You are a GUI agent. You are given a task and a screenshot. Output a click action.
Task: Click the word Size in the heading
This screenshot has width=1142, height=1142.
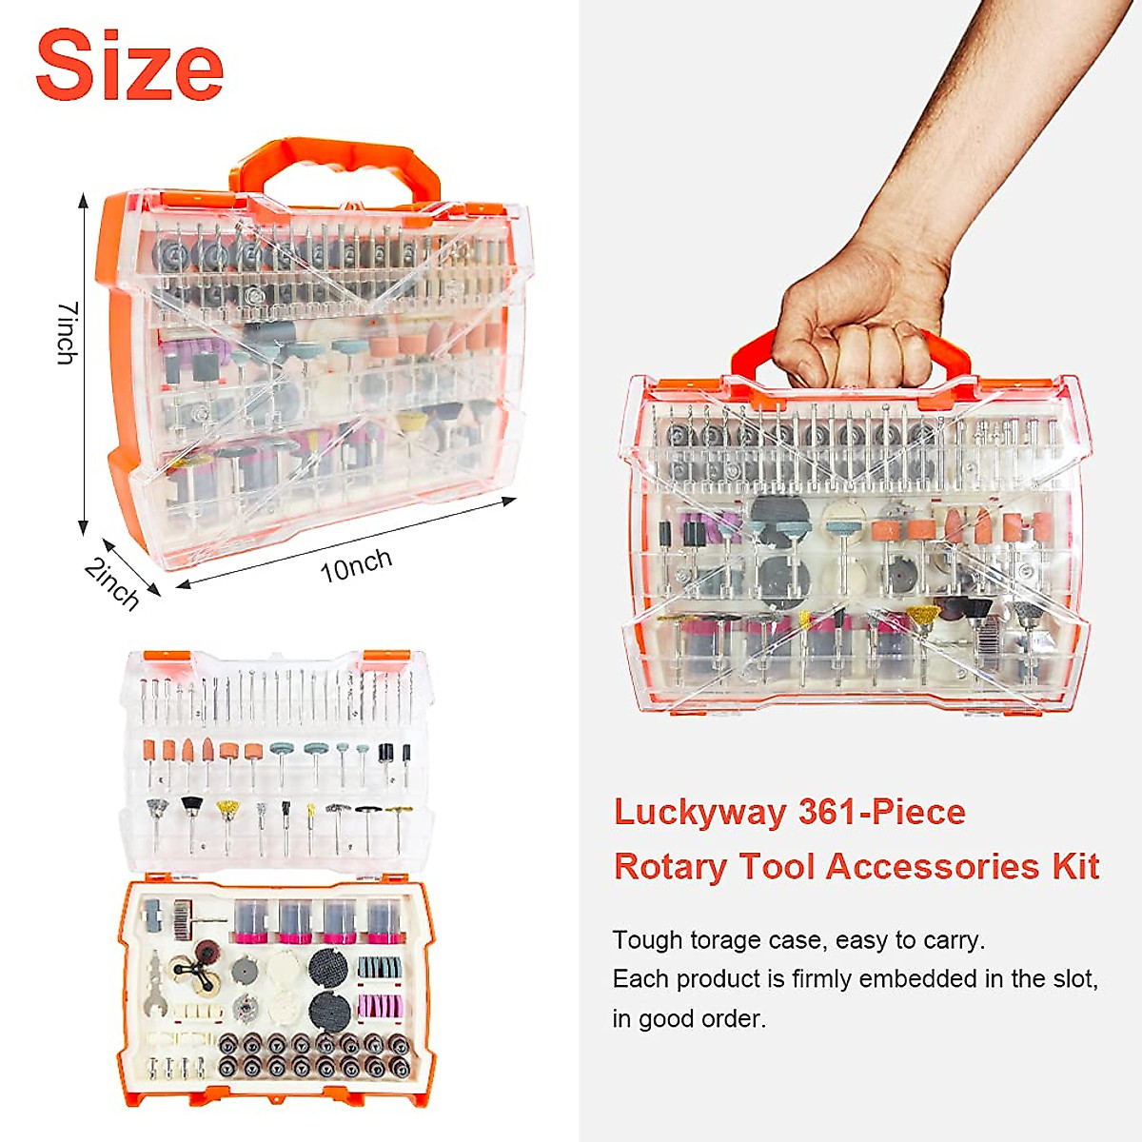(x=129, y=66)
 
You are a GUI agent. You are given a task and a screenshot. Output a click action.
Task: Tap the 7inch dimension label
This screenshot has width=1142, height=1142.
(x=66, y=333)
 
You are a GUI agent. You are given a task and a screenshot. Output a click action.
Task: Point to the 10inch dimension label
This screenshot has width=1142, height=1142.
(x=356, y=565)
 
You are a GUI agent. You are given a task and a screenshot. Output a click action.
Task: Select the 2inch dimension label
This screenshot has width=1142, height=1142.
(x=112, y=582)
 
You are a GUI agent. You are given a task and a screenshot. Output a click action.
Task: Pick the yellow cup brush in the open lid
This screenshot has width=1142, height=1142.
(x=227, y=811)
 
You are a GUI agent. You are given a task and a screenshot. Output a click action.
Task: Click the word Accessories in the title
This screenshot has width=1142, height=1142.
(x=933, y=867)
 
